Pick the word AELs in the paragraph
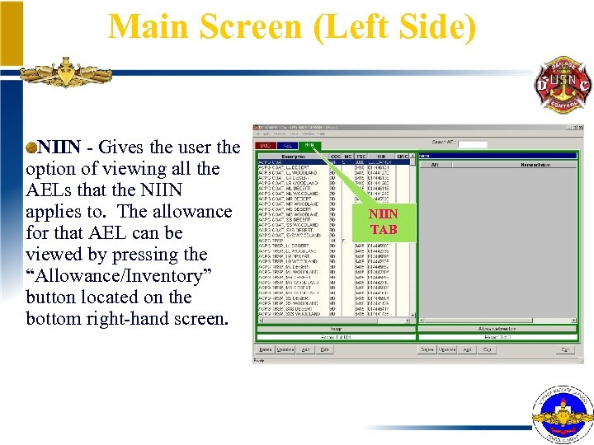tap(50, 190)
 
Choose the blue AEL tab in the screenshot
tap(287, 145)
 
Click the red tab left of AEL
tap(266, 145)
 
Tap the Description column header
tap(293, 156)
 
